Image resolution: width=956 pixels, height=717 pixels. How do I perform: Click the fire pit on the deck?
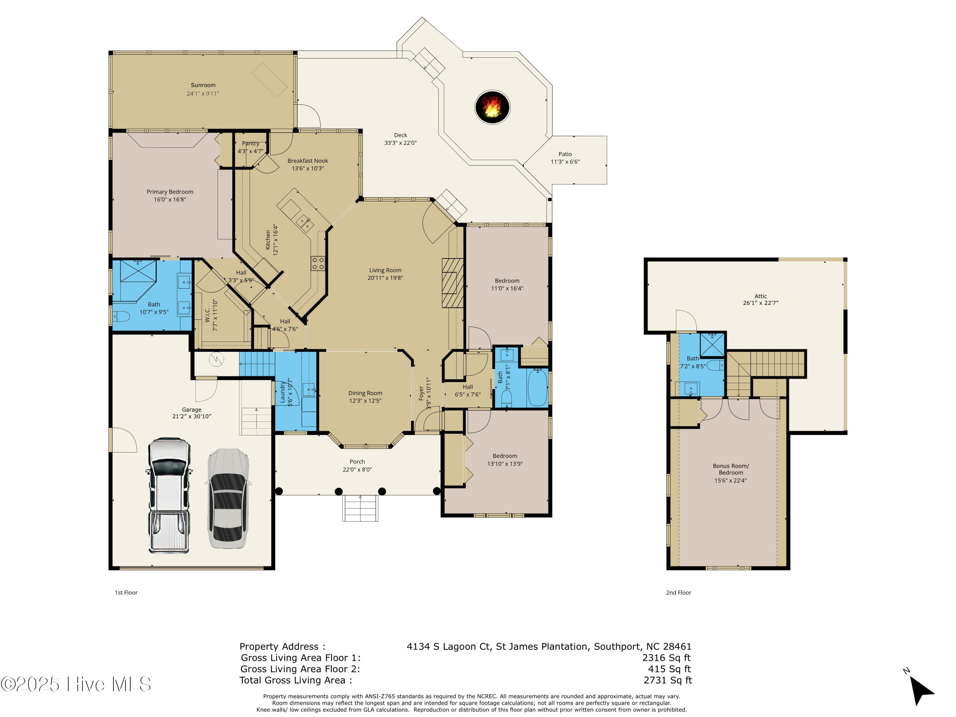492,107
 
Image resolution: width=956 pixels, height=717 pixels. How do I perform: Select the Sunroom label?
203,85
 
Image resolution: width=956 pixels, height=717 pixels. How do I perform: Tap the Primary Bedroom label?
170,192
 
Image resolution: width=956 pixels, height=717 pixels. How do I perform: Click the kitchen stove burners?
318,263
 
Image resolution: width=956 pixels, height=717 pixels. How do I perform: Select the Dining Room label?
365,393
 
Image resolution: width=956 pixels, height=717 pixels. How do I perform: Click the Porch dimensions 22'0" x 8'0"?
357,470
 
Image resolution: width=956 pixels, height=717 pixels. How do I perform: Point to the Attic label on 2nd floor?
761,296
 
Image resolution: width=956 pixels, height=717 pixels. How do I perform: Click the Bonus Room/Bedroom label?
731,469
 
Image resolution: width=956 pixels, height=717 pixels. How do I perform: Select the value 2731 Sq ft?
668,681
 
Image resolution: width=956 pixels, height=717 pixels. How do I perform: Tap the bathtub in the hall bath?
538,388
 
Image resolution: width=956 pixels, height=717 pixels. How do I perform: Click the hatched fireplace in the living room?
452,283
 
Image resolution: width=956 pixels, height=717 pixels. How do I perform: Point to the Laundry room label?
283,392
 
